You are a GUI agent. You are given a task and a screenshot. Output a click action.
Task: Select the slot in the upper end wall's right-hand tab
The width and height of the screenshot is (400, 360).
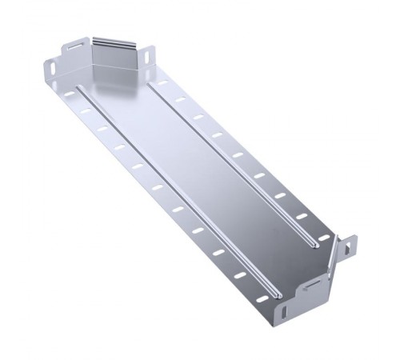tap(152, 56)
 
